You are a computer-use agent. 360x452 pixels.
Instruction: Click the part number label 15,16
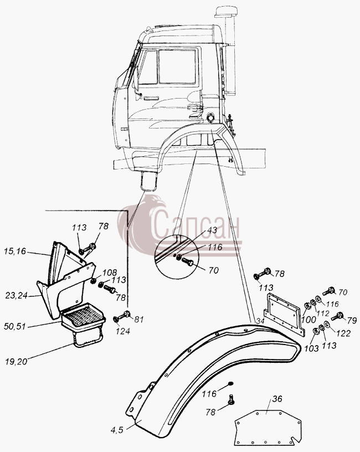coord(15,251)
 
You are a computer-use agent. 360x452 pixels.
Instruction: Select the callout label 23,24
coord(16,295)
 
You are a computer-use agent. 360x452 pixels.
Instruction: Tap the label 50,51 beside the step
coord(15,326)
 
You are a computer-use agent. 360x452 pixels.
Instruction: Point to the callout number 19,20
coord(17,361)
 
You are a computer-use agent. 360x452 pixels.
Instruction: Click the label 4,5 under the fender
coord(117,430)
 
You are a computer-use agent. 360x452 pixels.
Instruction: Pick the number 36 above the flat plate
coord(277,399)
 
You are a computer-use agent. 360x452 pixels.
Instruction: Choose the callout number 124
coord(123,331)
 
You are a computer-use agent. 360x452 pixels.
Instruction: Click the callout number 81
coord(138,320)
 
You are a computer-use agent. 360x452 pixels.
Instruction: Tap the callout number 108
coord(110,273)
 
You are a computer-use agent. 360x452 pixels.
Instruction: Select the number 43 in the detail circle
coord(212,230)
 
